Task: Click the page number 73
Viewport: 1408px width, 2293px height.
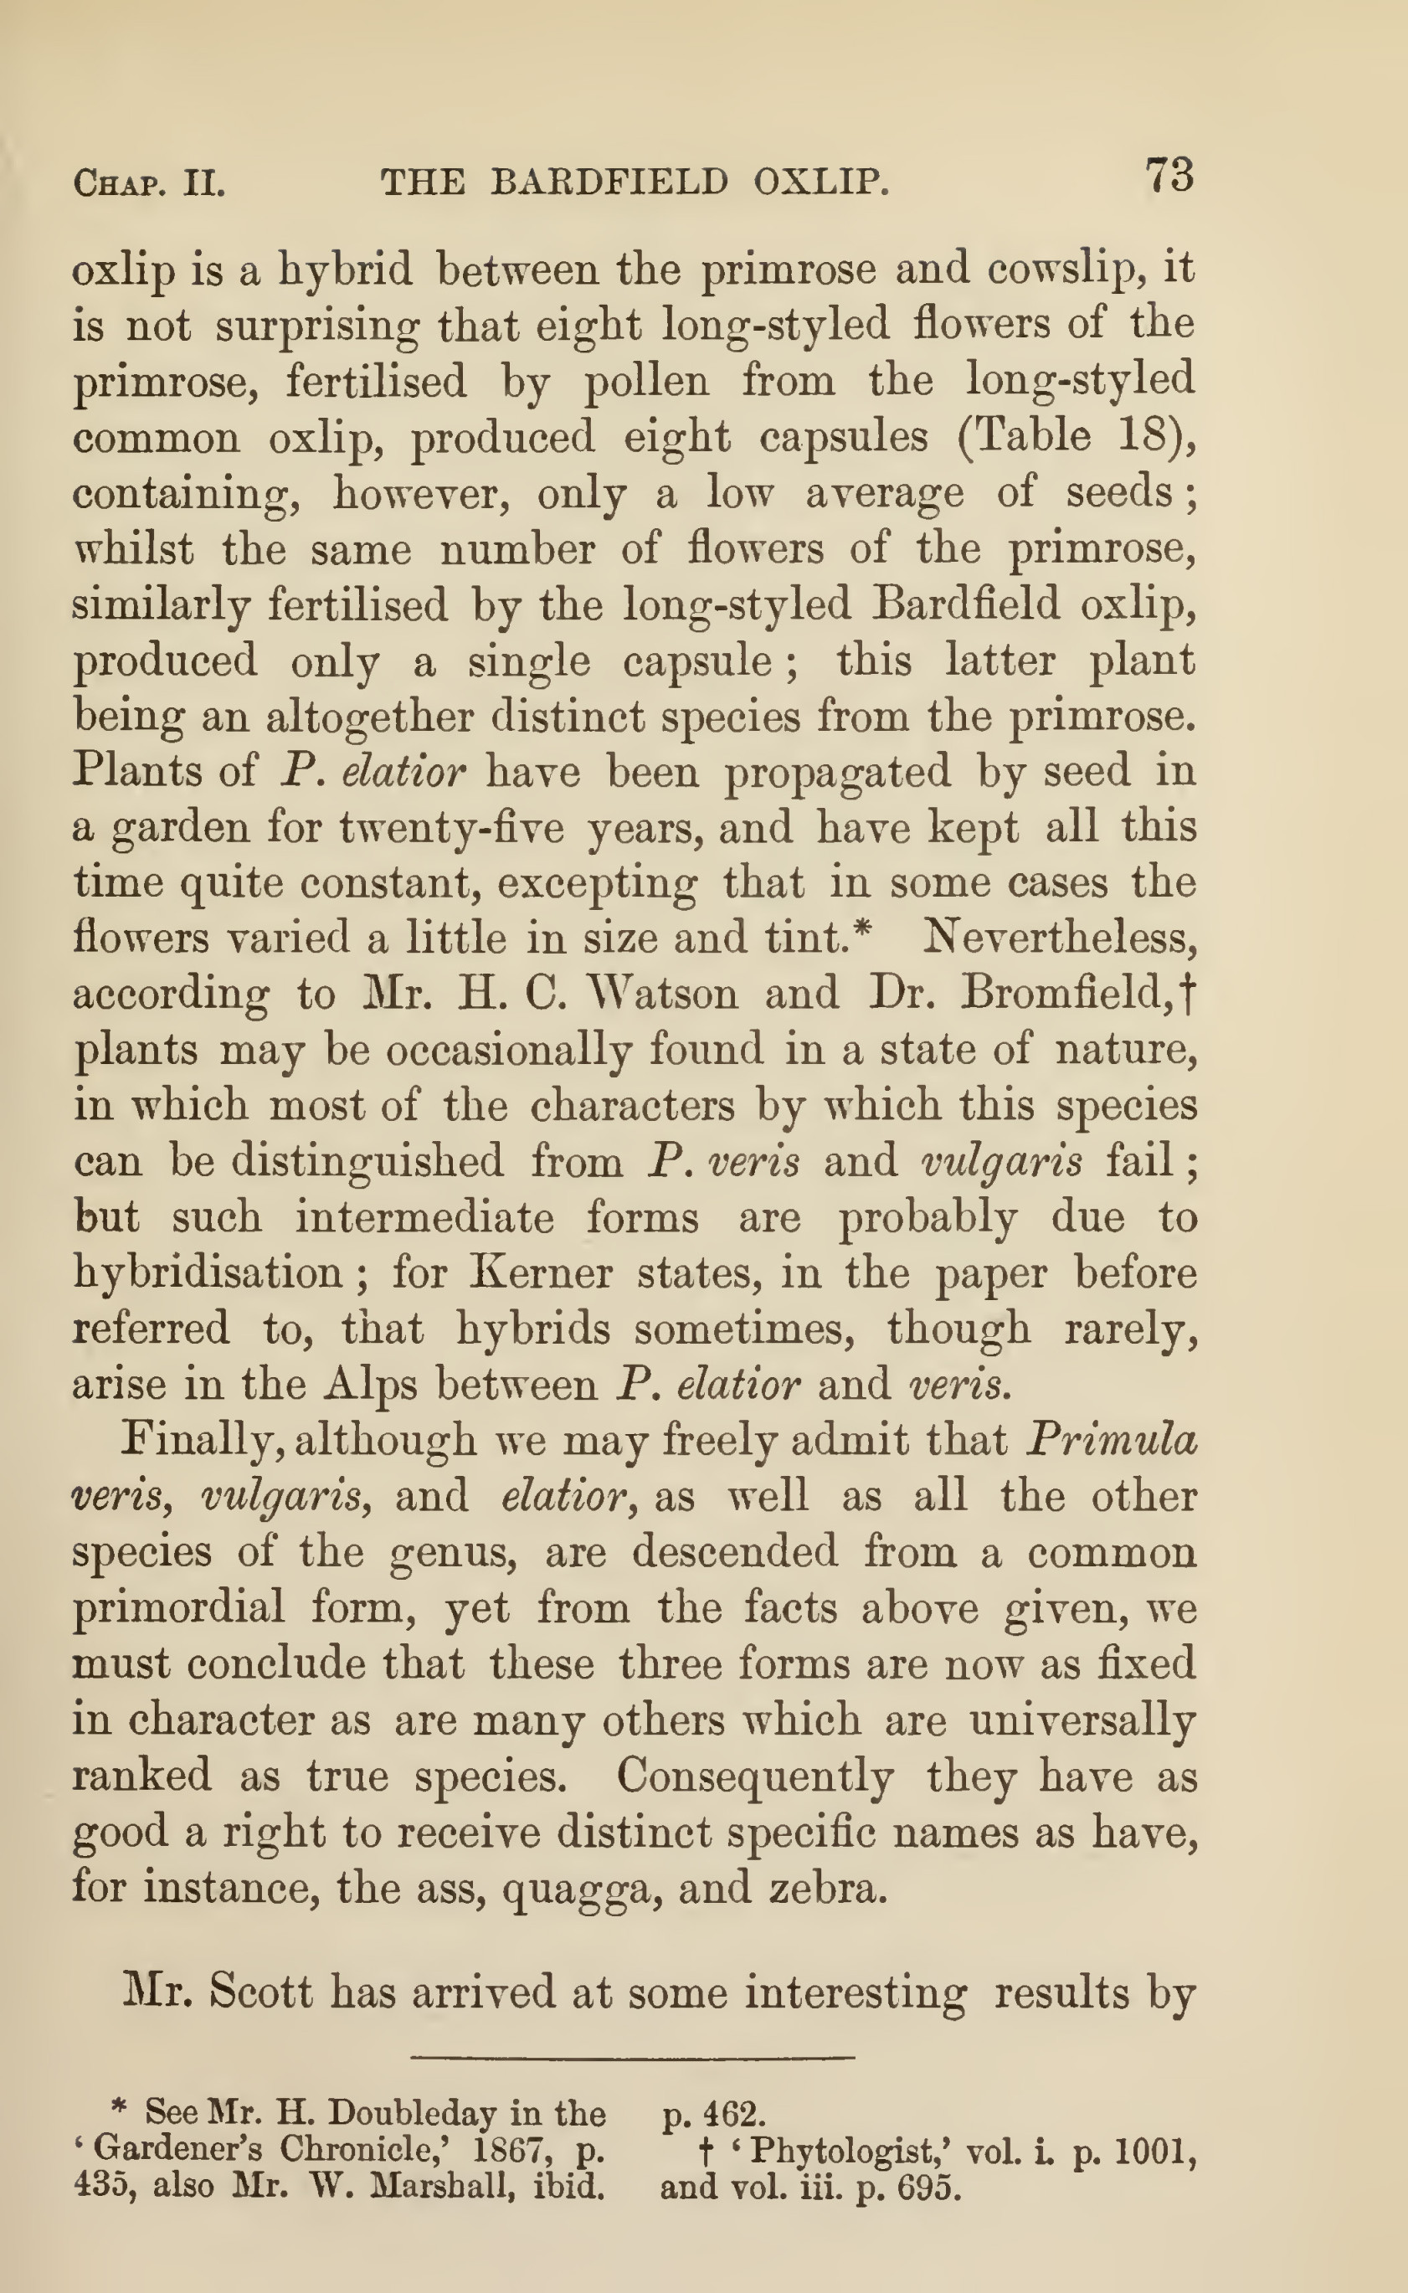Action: click(x=1169, y=175)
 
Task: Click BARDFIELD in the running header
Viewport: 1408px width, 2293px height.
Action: click(x=609, y=182)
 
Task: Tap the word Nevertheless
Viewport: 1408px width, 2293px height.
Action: click(x=1059, y=938)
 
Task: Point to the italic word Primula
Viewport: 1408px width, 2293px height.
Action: click(x=1110, y=1440)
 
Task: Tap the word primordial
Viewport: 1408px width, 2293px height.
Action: click(x=177, y=1608)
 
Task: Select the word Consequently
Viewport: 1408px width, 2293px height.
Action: click(x=754, y=1776)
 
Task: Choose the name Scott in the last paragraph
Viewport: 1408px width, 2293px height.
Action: click(x=260, y=1992)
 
